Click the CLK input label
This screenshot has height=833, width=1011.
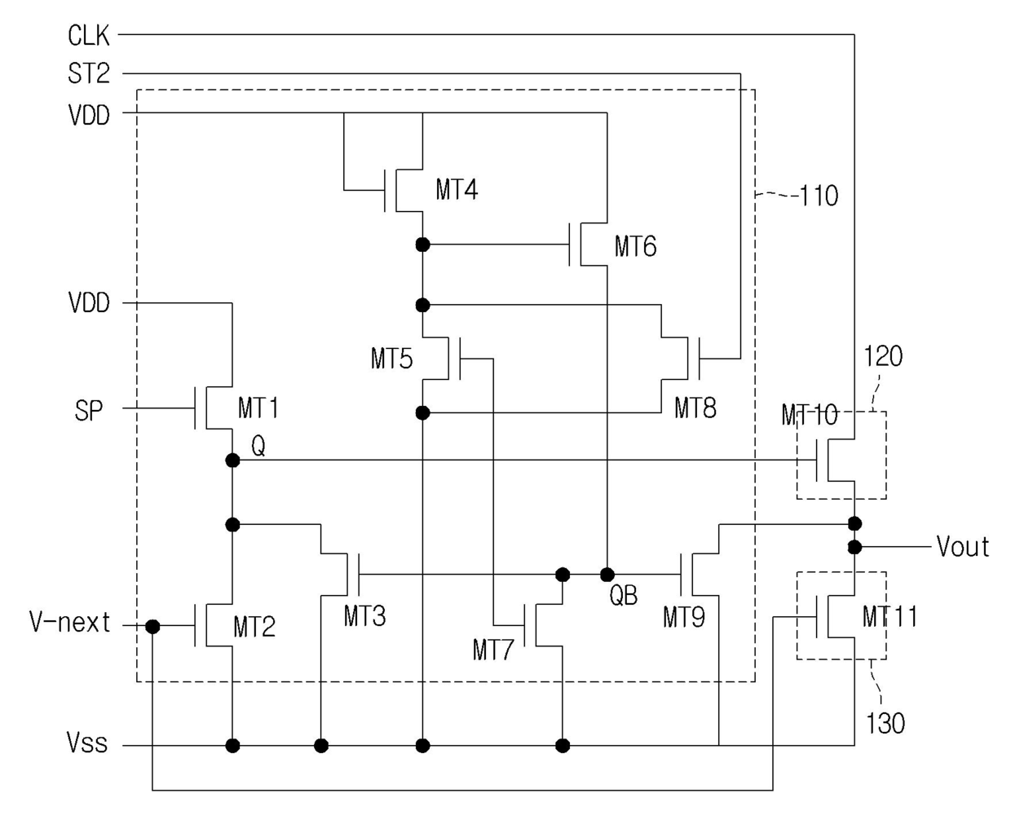[x=89, y=36]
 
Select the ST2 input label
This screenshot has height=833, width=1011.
[x=89, y=74]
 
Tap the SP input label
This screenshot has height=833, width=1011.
[x=89, y=411]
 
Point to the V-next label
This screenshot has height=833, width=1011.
[x=69, y=623]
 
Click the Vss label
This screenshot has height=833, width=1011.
[x=86, y=742]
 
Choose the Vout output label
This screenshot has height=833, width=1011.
[x=963, y=546]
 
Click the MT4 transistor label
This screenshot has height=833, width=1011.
[x=457, y=189]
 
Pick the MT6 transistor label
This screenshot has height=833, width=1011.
[x=635, y=246]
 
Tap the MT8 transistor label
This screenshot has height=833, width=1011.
[x=695, y=408]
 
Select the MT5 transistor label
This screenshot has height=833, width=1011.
[x=391, y=359]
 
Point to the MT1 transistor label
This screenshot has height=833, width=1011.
[x=258, y=408]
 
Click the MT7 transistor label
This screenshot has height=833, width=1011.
[x=493, y=650]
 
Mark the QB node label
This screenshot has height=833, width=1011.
[x=623, y=595]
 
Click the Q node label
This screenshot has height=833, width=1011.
[x=258, y=446]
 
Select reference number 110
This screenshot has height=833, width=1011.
[x=819, y=196]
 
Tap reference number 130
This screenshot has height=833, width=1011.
[x=885, y=724]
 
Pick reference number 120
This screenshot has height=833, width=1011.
[x=883, y=356]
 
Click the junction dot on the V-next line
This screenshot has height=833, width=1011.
[x=152, y=627]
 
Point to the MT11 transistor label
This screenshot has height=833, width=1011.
[x=890, y=617]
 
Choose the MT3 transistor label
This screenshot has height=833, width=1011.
[x=364, y=616]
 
